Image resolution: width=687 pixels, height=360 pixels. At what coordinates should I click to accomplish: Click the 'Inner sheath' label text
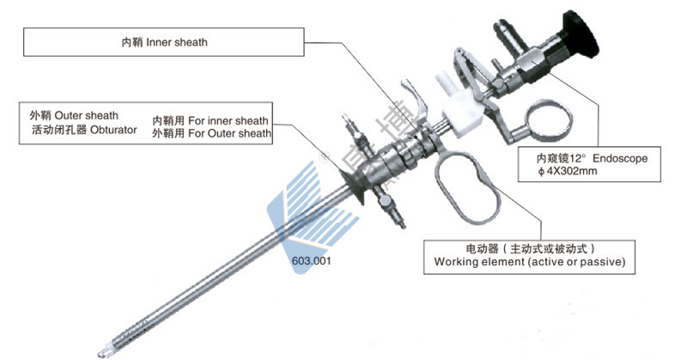[x=178, y=41]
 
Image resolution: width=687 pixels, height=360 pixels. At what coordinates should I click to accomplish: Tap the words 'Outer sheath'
[x=87, y=115]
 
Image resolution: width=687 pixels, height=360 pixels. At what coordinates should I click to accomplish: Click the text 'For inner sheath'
[x=228, y=120]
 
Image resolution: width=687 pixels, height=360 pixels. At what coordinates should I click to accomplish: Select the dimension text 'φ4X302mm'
[x=563, y=173]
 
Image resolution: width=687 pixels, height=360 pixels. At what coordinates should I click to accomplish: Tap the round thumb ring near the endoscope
[x=548, y=122]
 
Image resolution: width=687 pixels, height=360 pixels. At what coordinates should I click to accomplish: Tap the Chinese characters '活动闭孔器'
[x=52, y=129]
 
